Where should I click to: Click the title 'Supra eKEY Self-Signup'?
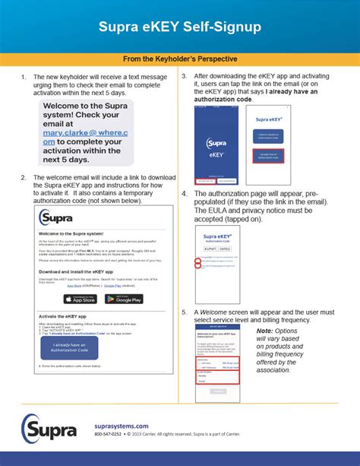pos(179,27)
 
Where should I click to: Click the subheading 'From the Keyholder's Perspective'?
pos(180,59)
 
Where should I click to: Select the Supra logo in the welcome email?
pos(57,218)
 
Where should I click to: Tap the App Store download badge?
pos(79,299)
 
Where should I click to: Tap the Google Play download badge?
pos(125,299)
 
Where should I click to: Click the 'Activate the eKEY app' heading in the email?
pos(68,315)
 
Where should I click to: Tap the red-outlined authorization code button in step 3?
pos(270,158)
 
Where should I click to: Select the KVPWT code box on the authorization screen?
pos(210,248)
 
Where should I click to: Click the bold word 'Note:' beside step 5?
pos(265,331)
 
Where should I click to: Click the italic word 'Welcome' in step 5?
pos(215,312)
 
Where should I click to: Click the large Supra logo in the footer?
pos(49,430)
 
